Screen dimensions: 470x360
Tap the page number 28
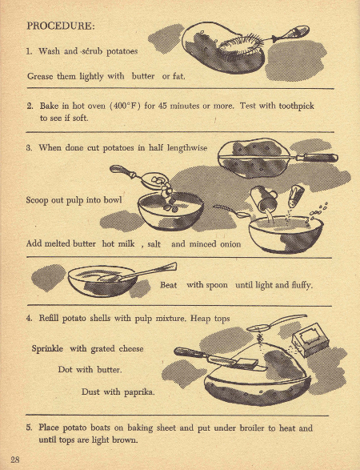click(15, 458)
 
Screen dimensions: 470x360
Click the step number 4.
click(29, 319)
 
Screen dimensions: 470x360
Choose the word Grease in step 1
click(42, 76)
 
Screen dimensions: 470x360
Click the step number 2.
click(29, 105)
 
